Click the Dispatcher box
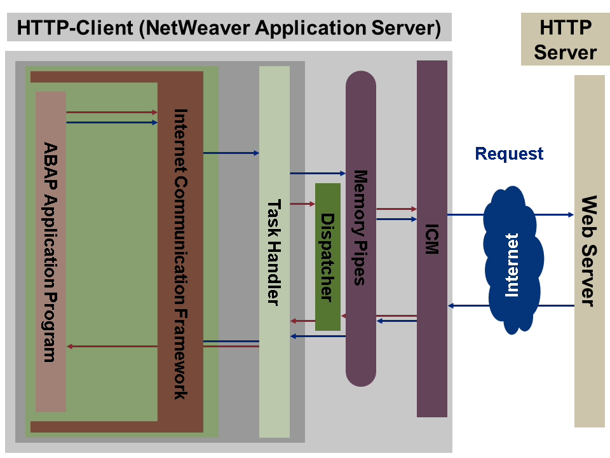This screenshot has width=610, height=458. pyautogui.click(x=328, y=256)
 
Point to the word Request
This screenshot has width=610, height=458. pyautogui.click(x=509, y=154)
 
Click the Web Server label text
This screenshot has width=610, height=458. pyautogui.click(x=589, y=251)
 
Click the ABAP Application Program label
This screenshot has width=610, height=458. pyautogui.click(x=50, y=252)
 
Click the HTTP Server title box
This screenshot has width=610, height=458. pyautogui.click(x=565, y=40)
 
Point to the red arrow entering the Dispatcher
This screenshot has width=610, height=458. pyautogui.click(x=302, y=204)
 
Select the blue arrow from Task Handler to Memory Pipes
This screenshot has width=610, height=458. pyautogui.click(x=317, y=172)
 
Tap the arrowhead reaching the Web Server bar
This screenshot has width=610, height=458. pyautogui.click(x=570, y=215)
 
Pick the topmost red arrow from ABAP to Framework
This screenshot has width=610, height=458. pyautogui.click(x=112, y=112)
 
